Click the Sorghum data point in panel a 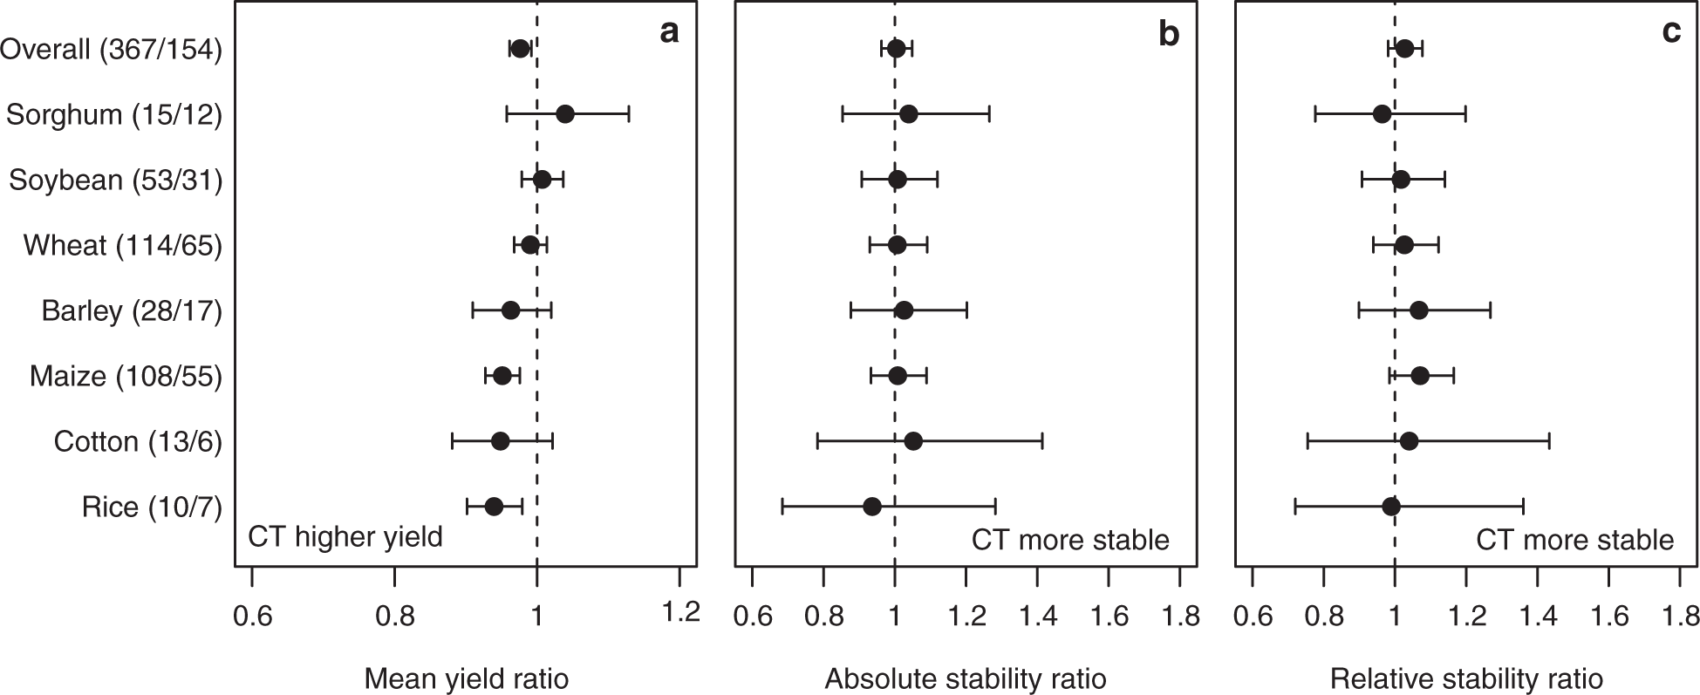(564, 114)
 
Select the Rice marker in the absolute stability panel (871, 507)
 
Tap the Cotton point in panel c (1408, 441)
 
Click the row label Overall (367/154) (111, 50)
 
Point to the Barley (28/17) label (132, 310)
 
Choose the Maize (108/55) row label (126, 376)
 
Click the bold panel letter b (1168, 34)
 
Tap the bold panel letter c (1670, 32)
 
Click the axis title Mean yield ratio (466, 678)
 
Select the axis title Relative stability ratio (1466, 678)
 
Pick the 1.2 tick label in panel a (680, 613)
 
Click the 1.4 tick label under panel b (1037, 616)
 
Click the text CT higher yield (345, 536)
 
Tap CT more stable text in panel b (1070, 540)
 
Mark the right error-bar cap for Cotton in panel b (1042, 441)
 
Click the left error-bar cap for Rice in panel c (1295, 507)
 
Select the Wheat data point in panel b (897, 245)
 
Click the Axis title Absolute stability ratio (966, 678)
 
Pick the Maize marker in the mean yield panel (502, 376)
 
